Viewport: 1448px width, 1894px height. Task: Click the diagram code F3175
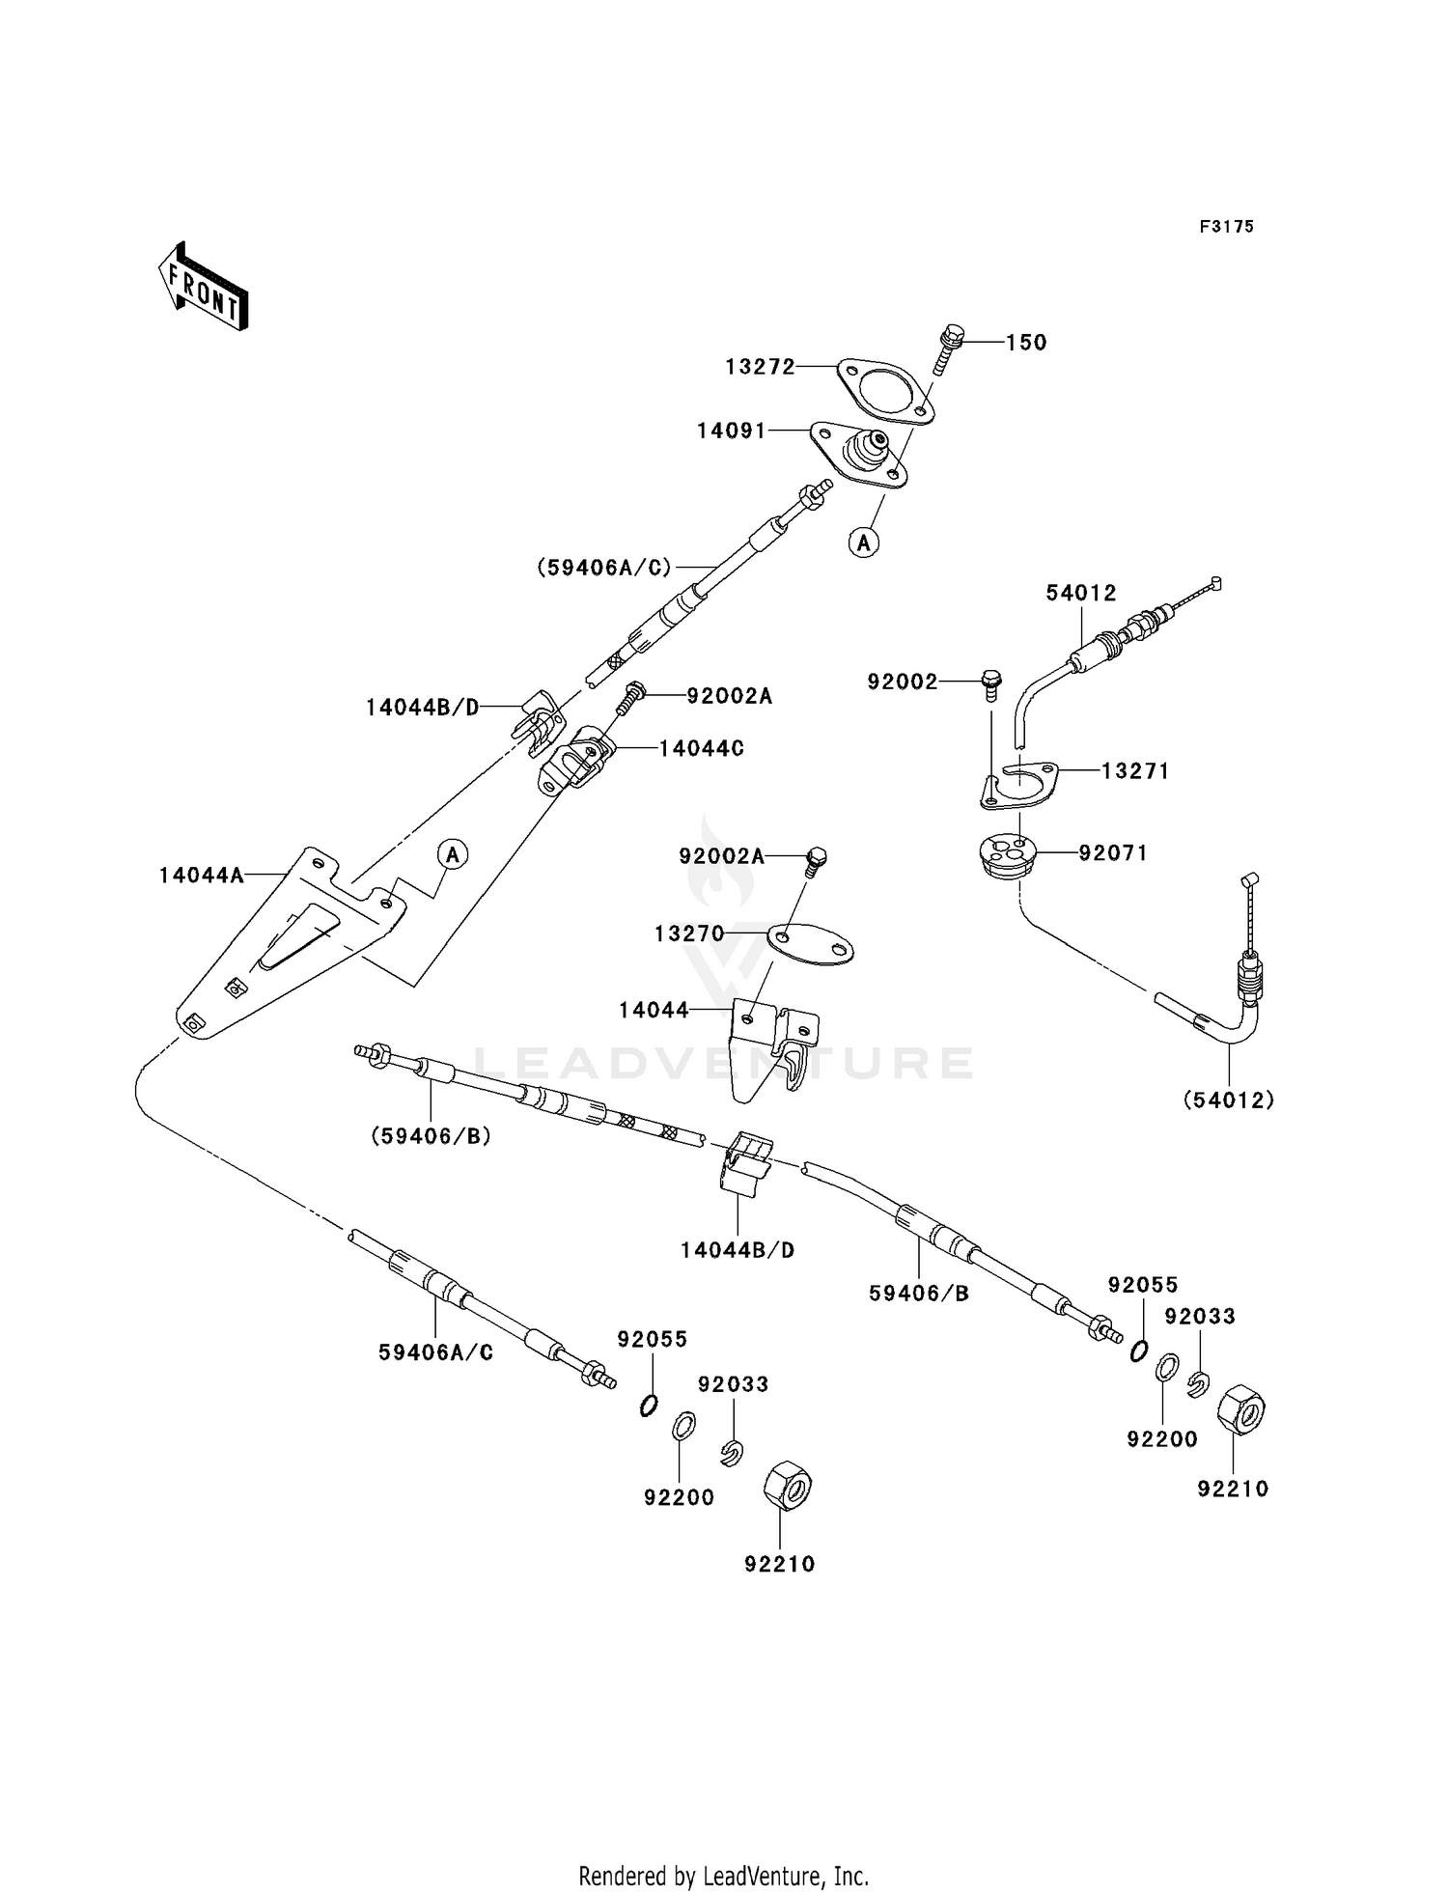tap(1227, 227)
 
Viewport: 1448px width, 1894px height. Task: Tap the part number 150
tap(1026, 343)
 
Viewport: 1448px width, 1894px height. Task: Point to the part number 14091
tap(731, 432)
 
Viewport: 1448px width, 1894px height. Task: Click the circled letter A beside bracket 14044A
tap(452, 854)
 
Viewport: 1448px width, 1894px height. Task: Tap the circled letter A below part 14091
tap(864, 543)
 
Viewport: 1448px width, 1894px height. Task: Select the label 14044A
tap(201, 876)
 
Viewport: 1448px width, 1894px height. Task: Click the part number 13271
tap(1135, 771)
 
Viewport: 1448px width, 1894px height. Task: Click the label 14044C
tap(702, 748)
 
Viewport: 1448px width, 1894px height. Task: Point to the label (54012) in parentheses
tap(1228, 1100)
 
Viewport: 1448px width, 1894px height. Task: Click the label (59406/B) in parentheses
tap(432, 1136)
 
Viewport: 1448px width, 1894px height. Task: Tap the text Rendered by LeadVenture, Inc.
tap(724, 1876)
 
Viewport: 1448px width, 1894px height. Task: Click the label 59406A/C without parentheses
tap(435, 1352)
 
